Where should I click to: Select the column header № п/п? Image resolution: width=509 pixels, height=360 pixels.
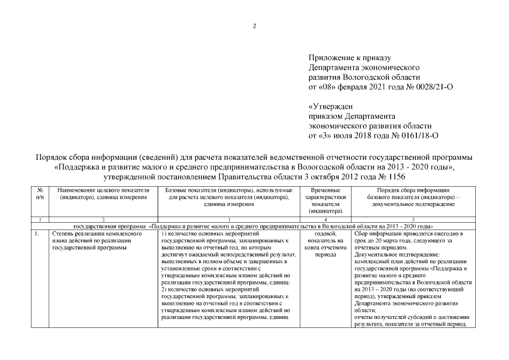click(x=39, y=195)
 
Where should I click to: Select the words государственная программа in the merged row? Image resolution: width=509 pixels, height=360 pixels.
click(x=105, y=224)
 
